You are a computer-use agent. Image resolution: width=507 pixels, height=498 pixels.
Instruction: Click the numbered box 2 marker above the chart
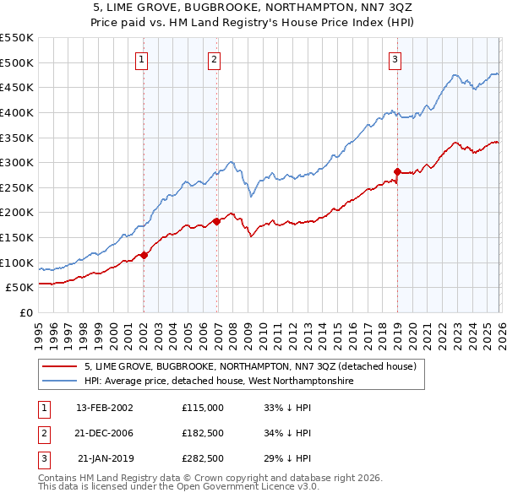point(215,59)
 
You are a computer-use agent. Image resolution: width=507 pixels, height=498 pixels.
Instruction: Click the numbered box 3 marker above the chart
point(395,59)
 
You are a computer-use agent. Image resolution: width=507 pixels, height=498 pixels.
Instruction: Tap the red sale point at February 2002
point(144,255)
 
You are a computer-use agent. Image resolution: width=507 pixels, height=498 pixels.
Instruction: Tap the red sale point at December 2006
point(216,221)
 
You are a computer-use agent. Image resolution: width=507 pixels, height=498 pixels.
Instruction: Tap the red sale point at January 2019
point(397,171)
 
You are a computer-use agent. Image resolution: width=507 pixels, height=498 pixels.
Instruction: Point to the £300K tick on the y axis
point(17,162)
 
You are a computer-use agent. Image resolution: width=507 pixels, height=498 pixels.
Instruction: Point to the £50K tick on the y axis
point(19,287)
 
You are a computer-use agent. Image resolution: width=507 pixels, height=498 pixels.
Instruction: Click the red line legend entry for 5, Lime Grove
point(250,367)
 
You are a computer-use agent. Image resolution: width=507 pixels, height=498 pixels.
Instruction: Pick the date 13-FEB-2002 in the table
point(104,407)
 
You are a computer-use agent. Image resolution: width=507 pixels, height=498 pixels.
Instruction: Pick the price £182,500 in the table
point(203,433)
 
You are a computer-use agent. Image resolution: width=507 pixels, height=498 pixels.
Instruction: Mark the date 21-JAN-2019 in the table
point(105,459)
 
